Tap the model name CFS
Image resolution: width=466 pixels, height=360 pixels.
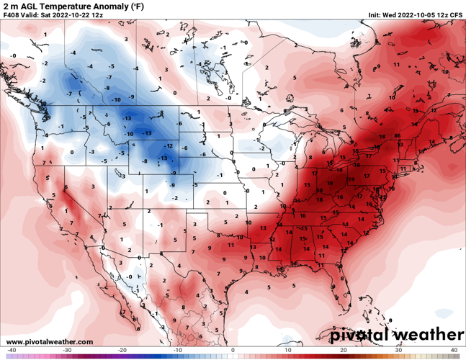[457, 14]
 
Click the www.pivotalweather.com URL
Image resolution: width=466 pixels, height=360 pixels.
[48, 341]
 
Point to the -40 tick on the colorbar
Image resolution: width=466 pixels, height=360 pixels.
[12, 350]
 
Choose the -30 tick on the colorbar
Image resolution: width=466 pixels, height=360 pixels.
[67, 350]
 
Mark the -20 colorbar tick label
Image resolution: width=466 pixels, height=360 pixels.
[122, 350]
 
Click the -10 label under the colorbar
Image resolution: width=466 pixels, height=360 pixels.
[178, 350]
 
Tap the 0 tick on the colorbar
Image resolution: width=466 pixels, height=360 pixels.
[233, 350]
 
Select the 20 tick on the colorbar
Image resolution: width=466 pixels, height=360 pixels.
[344, 350]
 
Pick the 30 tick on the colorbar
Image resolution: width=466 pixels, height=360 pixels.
[399, 350]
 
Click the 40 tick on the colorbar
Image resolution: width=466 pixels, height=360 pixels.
[454, 350]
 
